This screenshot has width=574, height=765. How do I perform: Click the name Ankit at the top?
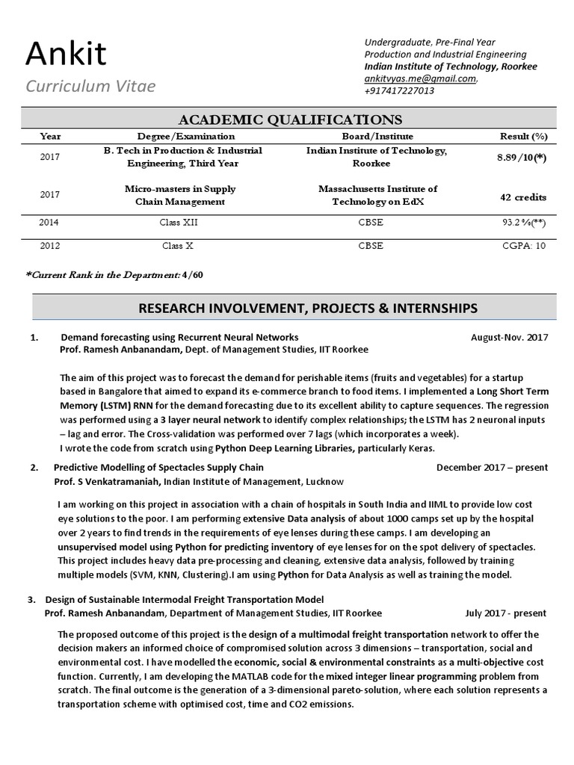click(x=66, y=54)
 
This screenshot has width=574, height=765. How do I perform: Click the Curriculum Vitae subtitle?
click(x=90, y=86)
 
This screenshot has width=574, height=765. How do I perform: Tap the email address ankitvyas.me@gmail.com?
click(x=420, y=78)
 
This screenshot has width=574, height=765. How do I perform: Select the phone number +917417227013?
click(x=399, y=90)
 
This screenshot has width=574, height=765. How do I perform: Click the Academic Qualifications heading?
click(x=289, y=120)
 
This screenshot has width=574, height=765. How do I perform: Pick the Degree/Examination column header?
click(x=186, y=136)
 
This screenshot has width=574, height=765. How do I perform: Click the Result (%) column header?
click(x=523, y=136)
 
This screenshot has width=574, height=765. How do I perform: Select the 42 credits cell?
click(x=523, y=197)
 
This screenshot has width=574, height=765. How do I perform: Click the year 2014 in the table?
click(x=50, y=223)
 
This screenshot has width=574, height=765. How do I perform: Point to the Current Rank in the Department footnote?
click(x=114, y=275)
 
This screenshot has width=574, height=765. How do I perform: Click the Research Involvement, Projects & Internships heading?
click(x=308, y=308)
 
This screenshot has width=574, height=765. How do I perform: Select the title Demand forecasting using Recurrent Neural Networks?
click(x=179, y=337)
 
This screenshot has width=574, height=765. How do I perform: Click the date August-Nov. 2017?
click(x=509, y=337)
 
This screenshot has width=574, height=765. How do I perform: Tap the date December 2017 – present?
click(x=492, y=468)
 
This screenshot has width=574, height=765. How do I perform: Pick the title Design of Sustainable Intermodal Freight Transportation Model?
click(x=185, y=599)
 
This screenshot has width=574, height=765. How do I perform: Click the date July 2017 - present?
click(x=505, y=613)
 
